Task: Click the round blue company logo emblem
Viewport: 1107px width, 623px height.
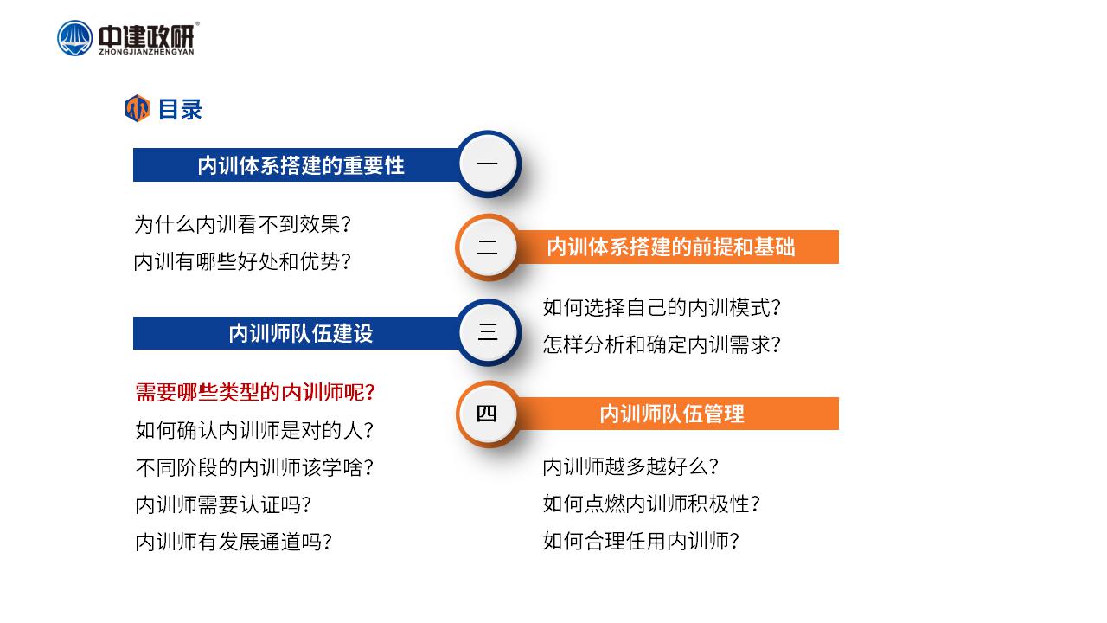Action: click(x=74, y=38)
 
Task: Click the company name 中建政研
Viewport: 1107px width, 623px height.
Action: click(x=146, y=36)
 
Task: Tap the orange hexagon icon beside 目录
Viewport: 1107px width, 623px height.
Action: click(x=138, y=108)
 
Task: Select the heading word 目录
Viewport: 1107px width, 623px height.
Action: click(x=180, y=109)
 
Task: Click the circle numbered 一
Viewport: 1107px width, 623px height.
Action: click(x=488, y=164)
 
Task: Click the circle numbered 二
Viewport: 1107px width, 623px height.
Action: click(x=487, y=247)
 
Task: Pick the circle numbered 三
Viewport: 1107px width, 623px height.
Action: click(x=488, y=332)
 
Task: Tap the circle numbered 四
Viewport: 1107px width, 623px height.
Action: click(x=487, y=414)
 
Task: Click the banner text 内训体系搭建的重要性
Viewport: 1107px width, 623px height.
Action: click(x=301, y=165)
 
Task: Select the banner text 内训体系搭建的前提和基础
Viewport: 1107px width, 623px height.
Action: click(x=671, y=247)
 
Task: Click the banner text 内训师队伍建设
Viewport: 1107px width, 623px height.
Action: click(x=301, y=333)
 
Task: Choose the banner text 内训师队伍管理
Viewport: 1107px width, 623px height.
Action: click(x=672, y=414)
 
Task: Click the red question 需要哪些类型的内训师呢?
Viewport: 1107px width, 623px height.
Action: click(x=255, y=393)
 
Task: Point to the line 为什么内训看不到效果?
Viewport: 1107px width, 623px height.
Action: click(x=243, y=224)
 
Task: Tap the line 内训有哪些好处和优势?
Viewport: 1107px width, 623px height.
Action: click(x=243, y=261)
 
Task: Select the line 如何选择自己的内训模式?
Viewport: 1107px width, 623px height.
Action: click(x=662, y=307)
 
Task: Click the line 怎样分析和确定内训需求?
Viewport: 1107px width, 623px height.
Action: click(x=662, y=344)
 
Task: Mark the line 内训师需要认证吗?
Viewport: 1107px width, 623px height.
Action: click(x=223, y=504)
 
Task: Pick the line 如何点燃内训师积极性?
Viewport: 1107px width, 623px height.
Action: click(x=651, y=504)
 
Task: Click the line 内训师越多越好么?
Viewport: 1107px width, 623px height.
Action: click(x=630, y=466)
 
